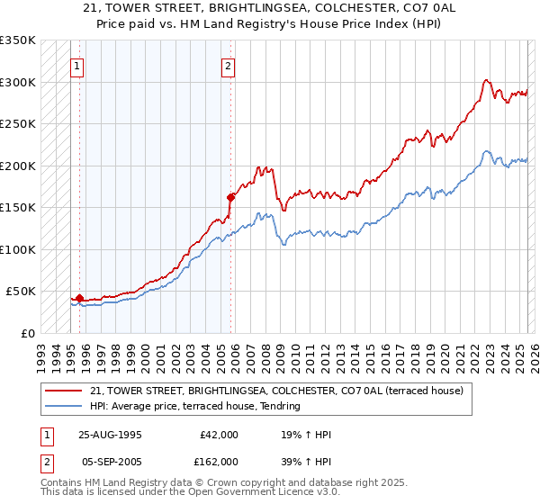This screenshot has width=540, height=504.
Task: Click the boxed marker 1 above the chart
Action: [x=77, y=66]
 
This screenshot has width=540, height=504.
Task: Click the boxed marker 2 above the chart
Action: [x=229, y=66]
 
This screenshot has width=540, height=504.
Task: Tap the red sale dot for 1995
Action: [x=79, y=298]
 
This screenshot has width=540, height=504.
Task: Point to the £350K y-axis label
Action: [x=18, y=40]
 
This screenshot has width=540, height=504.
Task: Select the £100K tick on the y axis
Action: [x=18, y=249]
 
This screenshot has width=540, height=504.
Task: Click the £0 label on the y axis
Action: [x=27, y=333]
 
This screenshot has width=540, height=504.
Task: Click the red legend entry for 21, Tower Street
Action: [x=276, y=391]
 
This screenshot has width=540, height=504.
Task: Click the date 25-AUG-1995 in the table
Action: [x=110, y=435]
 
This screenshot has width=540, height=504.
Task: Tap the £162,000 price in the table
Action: [x=217, y=462]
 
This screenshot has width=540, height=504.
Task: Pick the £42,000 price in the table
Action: [x=217, y=435]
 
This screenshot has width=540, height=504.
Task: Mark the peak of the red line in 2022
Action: [x=486, y=79]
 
